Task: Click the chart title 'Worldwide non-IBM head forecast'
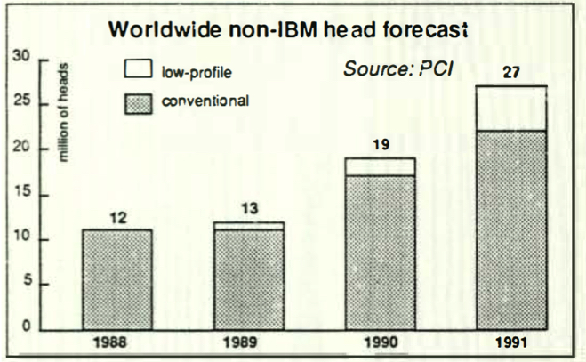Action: pyautogui.click(x=287, y=30)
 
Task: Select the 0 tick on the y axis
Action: pyautogui.click(x=27, y=329)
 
